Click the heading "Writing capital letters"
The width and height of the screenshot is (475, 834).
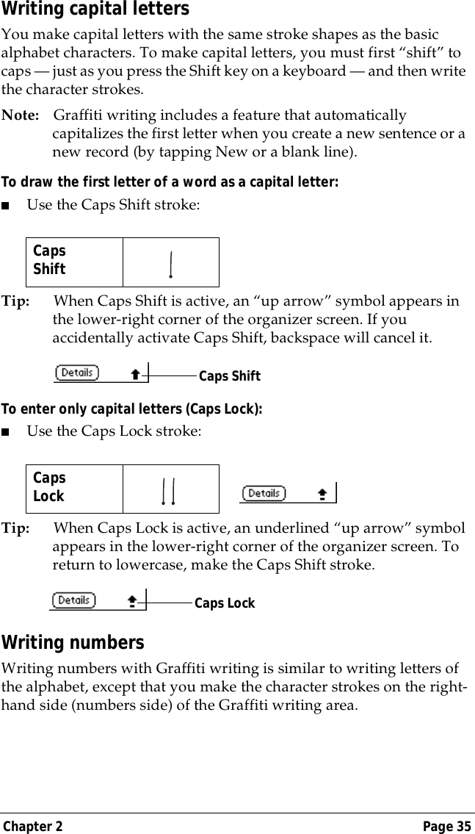coord(95,10)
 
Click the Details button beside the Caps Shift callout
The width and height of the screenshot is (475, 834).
coord(77,373)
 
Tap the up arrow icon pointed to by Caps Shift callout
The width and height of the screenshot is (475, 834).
coord(135,374)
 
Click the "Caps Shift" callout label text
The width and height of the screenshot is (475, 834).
coord(230,376)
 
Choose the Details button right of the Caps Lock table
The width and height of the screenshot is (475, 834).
coord(264,493)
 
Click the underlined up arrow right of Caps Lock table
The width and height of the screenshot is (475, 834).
coord(322,495)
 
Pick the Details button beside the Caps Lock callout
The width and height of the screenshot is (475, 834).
coord(74,600)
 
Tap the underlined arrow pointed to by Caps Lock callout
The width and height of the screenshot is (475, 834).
coord(132,601)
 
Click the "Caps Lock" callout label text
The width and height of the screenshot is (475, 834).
coord(225,603)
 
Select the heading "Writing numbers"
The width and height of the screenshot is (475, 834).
coord(73,643)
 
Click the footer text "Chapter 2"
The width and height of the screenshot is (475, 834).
coord(32,826)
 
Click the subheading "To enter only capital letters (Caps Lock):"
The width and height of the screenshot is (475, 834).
coord(132,409)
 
